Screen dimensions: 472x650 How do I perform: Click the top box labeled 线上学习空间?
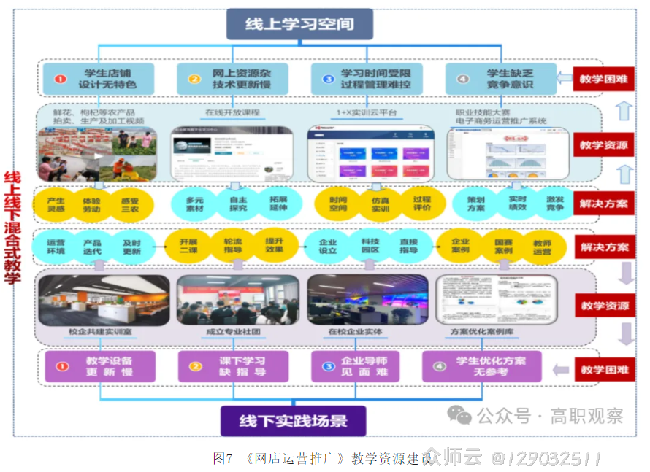(x=299, y=24)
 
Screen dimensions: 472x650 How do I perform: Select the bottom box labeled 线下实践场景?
(x=293, y=420)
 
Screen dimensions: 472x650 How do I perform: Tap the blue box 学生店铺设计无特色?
(x=99, y=79)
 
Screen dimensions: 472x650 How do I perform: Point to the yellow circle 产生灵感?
(x=56, y=204)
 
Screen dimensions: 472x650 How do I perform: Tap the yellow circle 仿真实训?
(x=380, y=204)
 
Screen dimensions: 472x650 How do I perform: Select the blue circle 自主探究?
(x=237, y=204)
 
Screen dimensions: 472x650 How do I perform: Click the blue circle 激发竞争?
(x=554, y=204)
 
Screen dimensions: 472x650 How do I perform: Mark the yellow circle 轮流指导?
(x=232, y=246)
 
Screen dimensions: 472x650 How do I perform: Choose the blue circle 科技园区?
(x=370, y=246)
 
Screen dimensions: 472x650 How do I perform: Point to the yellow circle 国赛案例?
(x=503, y=246)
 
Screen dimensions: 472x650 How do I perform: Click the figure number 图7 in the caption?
(x=222, y=458)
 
